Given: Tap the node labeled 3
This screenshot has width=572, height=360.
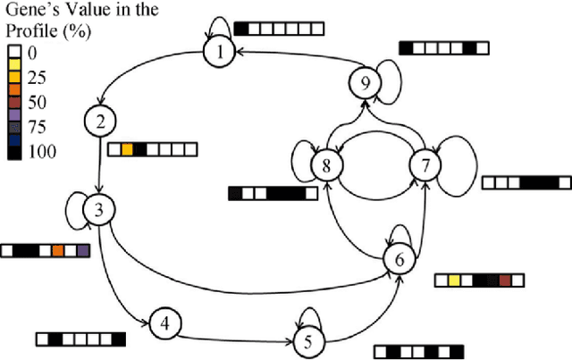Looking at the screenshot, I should pos(98,211).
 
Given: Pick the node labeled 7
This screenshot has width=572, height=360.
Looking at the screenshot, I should pos(425,164).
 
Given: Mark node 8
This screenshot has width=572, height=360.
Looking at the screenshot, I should pos(326,164).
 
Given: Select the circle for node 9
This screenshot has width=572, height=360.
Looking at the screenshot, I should pos(363,83).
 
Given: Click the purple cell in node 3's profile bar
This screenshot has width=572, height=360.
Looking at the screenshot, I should pos(83,252).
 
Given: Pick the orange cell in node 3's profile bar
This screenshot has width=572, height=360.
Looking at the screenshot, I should pos(57,252).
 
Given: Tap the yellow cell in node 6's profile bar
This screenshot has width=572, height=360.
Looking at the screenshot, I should pos(454,281).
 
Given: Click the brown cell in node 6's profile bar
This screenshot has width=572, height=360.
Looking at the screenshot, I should pos(505,281).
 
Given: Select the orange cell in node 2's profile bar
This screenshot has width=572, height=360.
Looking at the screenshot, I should pos(127,150).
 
